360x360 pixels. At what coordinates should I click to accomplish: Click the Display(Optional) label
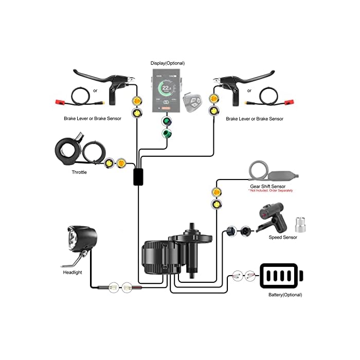tap(169, 63)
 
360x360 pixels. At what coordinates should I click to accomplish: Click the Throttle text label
tap(79, 172)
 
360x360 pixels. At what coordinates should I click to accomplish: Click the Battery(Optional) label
tap(285, 295)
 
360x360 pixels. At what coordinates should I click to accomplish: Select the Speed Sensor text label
tap(283, 237)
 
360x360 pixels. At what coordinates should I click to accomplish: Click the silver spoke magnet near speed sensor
tap(299, 224)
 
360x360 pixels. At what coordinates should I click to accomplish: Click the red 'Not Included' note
tap(271, 191)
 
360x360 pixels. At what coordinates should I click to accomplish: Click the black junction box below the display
tap(138, 176)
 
